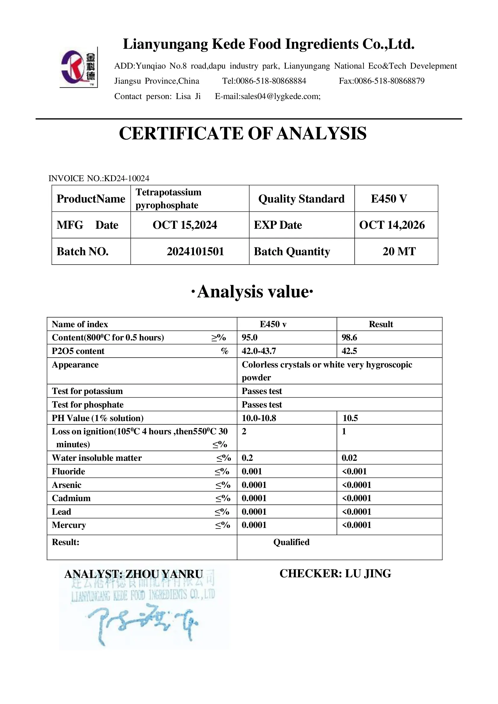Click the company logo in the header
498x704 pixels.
point(79,67)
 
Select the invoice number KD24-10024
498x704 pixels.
point(127,178)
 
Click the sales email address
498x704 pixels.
point(268,96)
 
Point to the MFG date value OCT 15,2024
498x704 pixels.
point(185,225)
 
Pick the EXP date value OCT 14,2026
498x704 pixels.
point(392,225)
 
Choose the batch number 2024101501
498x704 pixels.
point(195,251)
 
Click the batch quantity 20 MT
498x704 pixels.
point(399,251)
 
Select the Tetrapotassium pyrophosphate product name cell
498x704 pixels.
point(168,199)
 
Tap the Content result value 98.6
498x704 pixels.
point(349,337)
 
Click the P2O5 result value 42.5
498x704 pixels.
point(349,351)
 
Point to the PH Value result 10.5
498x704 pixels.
point(350,418)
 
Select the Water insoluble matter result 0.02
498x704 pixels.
point(349,458)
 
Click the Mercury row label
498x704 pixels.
point(69,525)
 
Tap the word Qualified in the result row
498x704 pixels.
point(291,542)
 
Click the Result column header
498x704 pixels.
point(381,324)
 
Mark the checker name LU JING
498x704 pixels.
point(368,574)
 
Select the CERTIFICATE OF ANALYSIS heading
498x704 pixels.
point(243,133)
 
